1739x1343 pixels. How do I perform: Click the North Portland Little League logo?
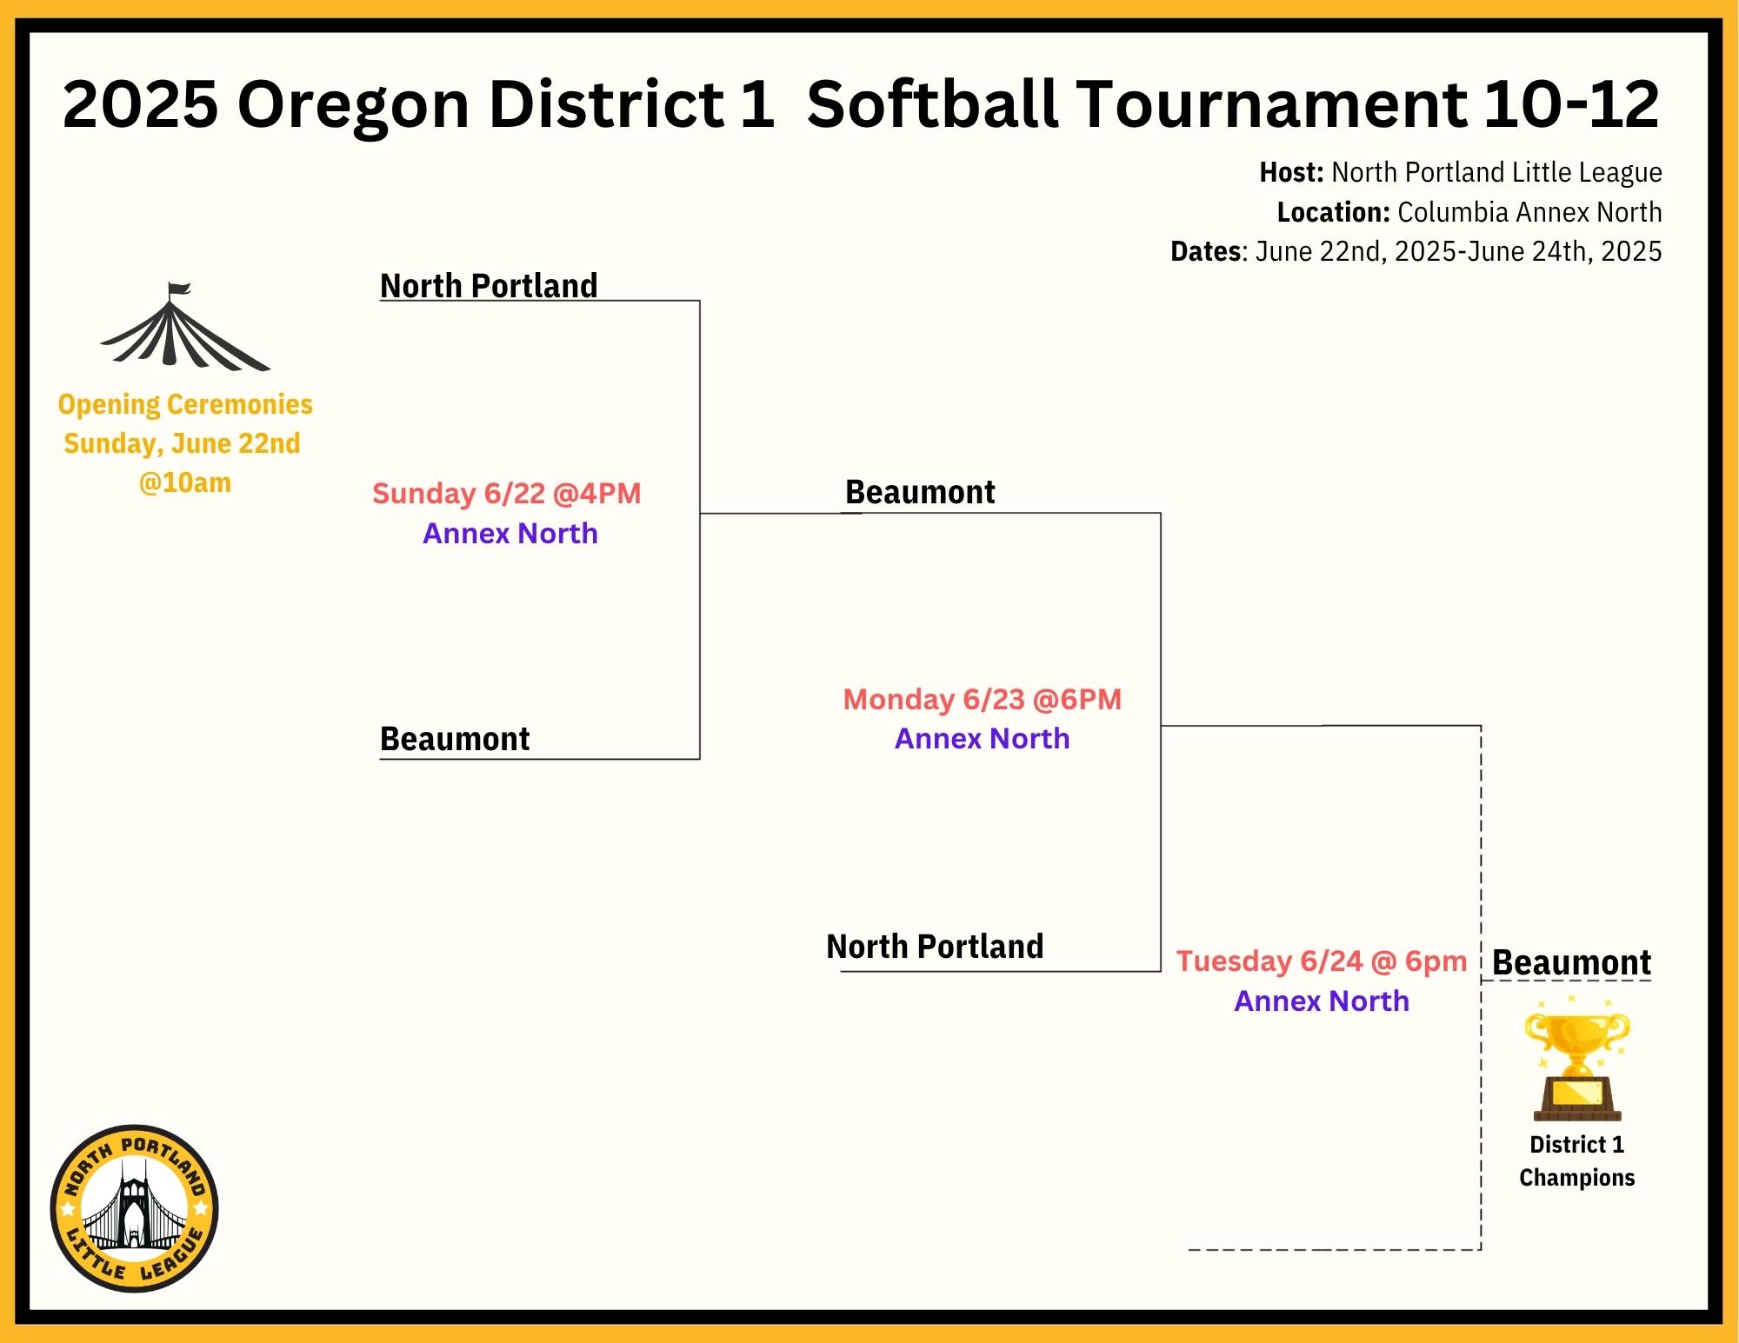[x=135, y=1208]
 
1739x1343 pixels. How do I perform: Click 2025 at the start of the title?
[x=141, y=104]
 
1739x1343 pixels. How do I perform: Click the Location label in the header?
[x=1333, y=212]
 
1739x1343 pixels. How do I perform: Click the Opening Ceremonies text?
[x=185, y=404]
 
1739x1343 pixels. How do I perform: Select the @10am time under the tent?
[x=185, y=482]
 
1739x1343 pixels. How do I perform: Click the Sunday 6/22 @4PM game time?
[x=507, y=494]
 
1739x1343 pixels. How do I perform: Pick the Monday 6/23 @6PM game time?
[x=983, y=699]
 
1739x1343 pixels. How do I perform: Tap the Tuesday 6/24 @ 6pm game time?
[x=1322, y=961]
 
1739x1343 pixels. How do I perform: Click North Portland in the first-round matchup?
[x=489, y=285]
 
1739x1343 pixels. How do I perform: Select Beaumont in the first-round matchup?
[x=455, y=739]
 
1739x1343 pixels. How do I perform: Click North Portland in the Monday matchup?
[x=935, y=946]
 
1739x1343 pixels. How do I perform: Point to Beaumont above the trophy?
[x=1571, y=962]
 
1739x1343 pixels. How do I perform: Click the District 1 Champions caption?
[x=1577, y=1161]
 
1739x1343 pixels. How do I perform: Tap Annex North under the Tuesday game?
[x=1322, y=1001]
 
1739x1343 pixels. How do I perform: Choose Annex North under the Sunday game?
[x=510, y=534]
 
